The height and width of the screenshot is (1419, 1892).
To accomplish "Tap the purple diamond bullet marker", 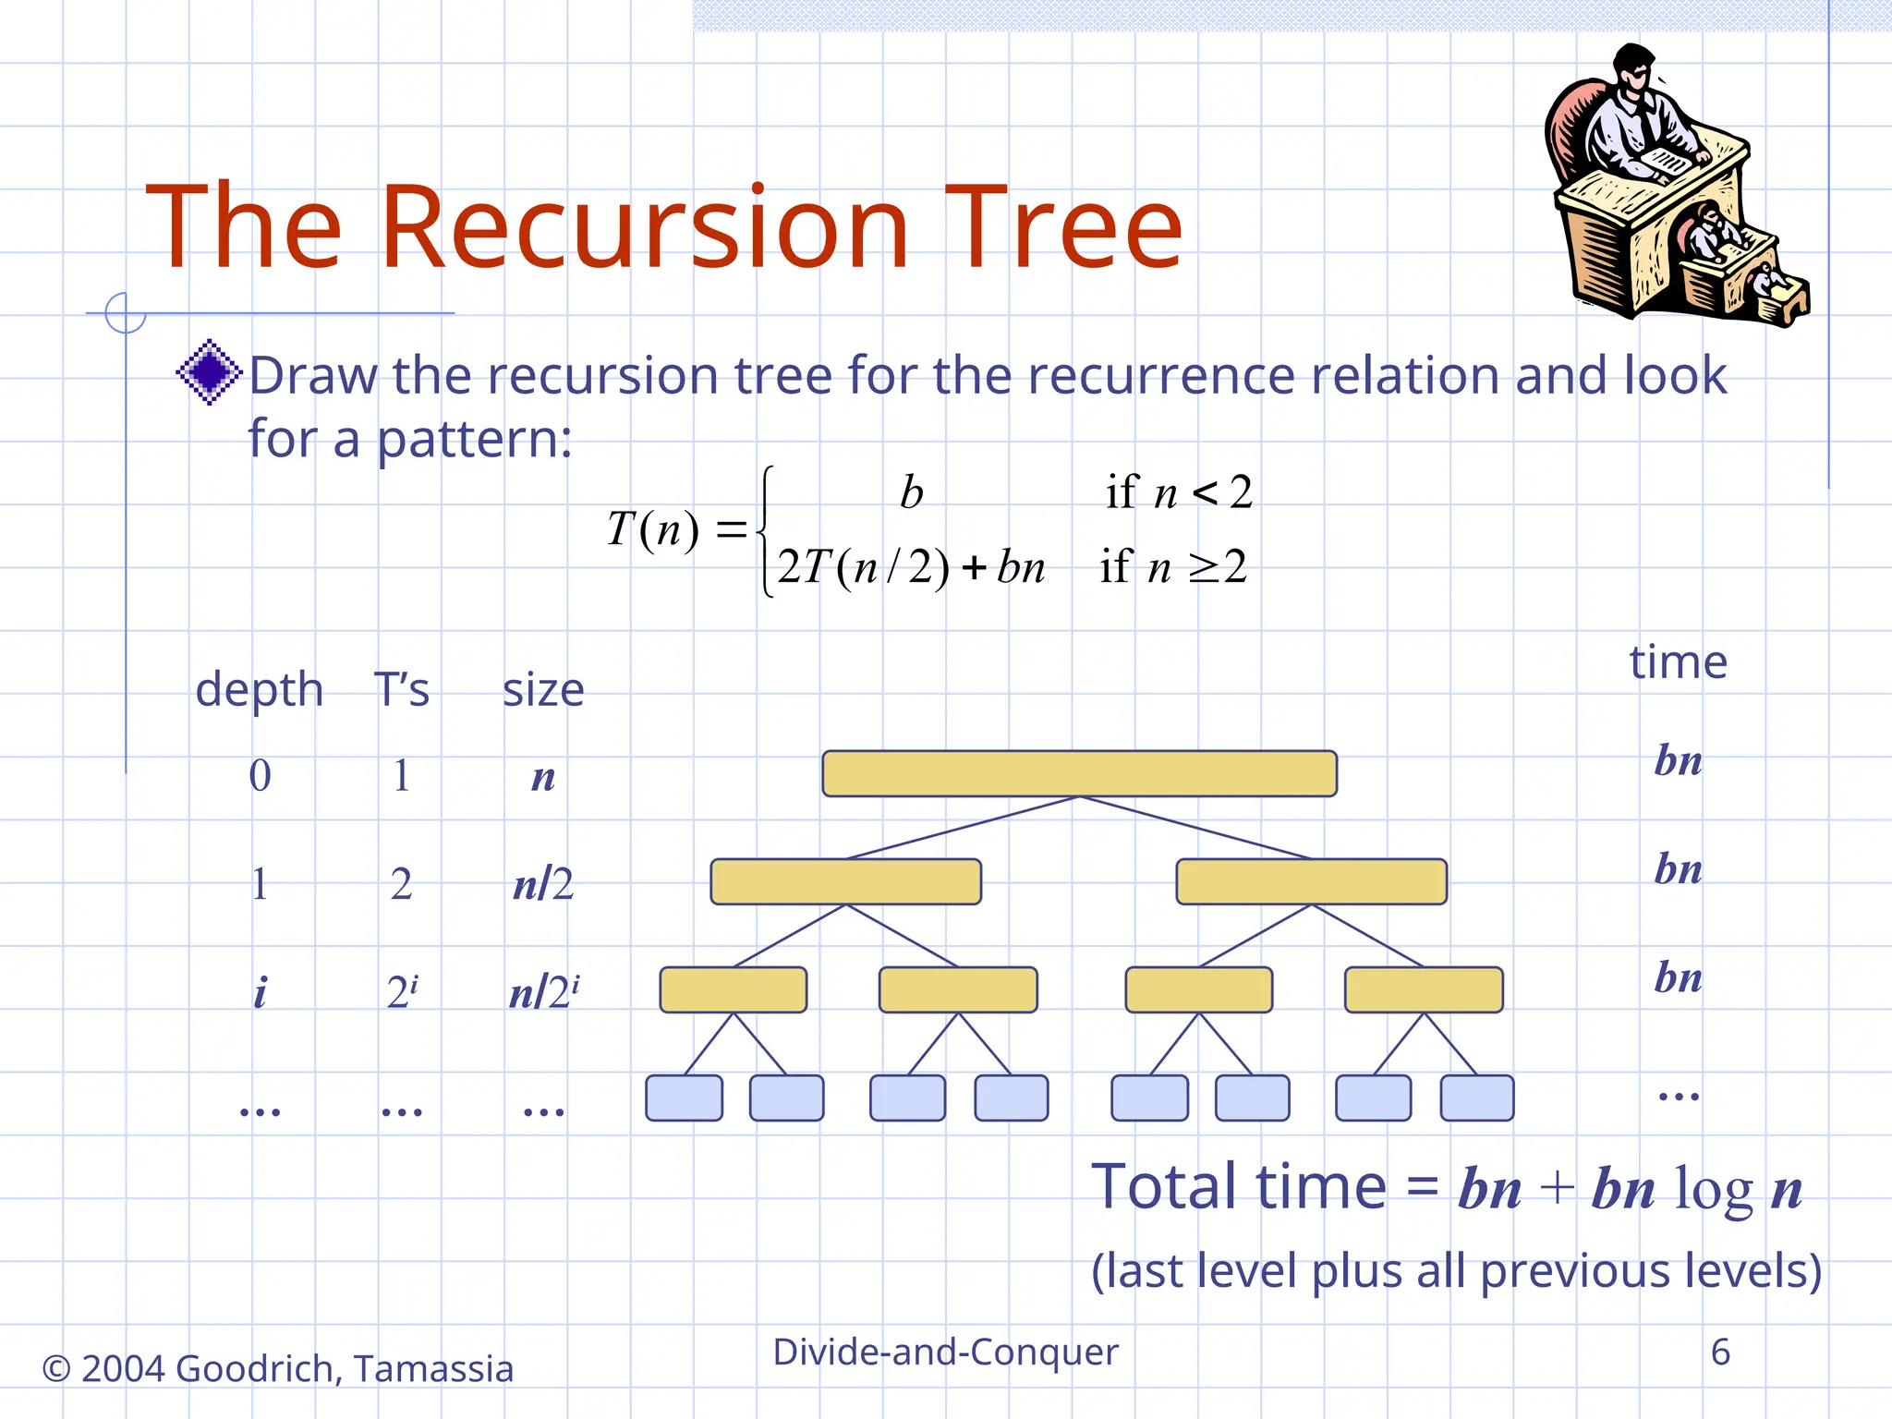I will click(x=210, y=372).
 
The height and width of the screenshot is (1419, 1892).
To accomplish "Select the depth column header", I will click(x=260, y=690).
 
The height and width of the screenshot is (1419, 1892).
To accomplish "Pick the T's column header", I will click(x=402, y=690).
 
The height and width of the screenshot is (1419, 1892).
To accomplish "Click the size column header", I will click(x=543, y=690).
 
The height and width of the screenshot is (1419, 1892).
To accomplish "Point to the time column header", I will click(x=1678, y=662).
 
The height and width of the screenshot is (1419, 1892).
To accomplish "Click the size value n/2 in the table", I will click(x=543, y=884).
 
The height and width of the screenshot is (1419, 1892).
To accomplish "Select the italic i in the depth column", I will click(x=260, y=993).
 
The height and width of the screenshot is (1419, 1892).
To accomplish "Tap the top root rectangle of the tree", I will click(x=1079, y=773).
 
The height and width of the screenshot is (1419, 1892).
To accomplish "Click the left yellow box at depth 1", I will click(x=845, y=881).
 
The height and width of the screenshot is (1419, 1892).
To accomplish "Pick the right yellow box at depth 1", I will click(x=1311, y=881).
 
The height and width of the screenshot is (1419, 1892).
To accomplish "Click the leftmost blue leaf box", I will click(x=684, y=1098).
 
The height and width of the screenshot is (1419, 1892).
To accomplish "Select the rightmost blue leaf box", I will click(x=1476, y=1098).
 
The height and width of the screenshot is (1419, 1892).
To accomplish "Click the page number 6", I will click(x=1720, y=1352).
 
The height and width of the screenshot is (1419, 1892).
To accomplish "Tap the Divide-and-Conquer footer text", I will click(x=945, y=1352).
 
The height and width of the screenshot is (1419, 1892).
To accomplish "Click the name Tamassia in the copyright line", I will click(x=433, y=1368).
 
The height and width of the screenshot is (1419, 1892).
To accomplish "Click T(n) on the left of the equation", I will click(x=652, y=529).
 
